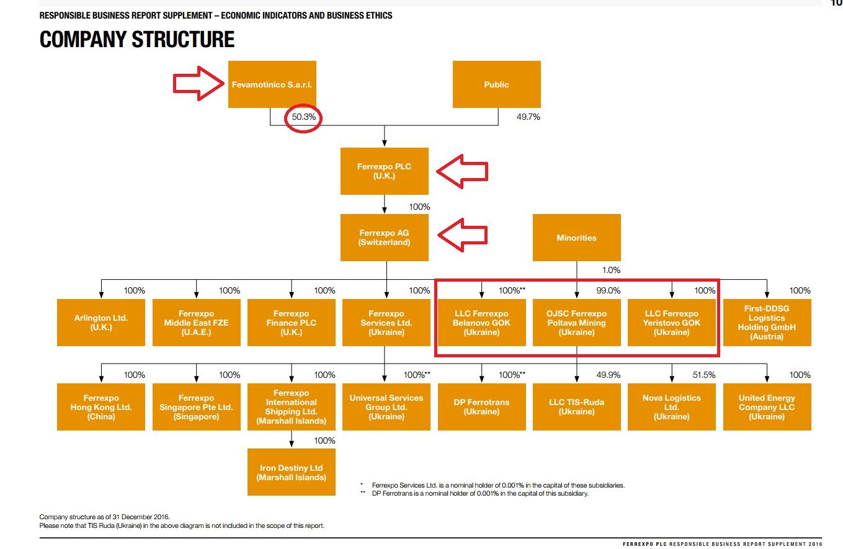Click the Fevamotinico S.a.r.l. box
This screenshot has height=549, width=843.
272,84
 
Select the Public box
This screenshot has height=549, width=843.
496,84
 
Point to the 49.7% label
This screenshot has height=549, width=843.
528,117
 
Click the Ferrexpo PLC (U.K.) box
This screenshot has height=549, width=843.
384,171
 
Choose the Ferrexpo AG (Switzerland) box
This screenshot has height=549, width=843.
384,238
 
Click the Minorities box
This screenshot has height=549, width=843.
576,238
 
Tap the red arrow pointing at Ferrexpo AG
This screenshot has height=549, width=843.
463,234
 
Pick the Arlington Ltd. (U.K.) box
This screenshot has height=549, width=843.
100,323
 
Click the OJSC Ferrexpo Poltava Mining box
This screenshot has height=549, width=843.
576,323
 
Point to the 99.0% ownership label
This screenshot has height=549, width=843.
608,290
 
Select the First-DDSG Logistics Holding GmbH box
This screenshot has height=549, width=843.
767,323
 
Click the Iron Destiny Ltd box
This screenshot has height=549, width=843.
291,473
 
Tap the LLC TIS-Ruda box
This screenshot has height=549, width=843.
576,407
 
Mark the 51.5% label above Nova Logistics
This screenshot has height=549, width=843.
703,375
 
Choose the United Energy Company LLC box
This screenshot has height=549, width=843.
767,407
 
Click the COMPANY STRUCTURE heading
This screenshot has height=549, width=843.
137,40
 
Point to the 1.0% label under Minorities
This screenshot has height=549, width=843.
610,270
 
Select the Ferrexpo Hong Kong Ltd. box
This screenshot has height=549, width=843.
100,407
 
